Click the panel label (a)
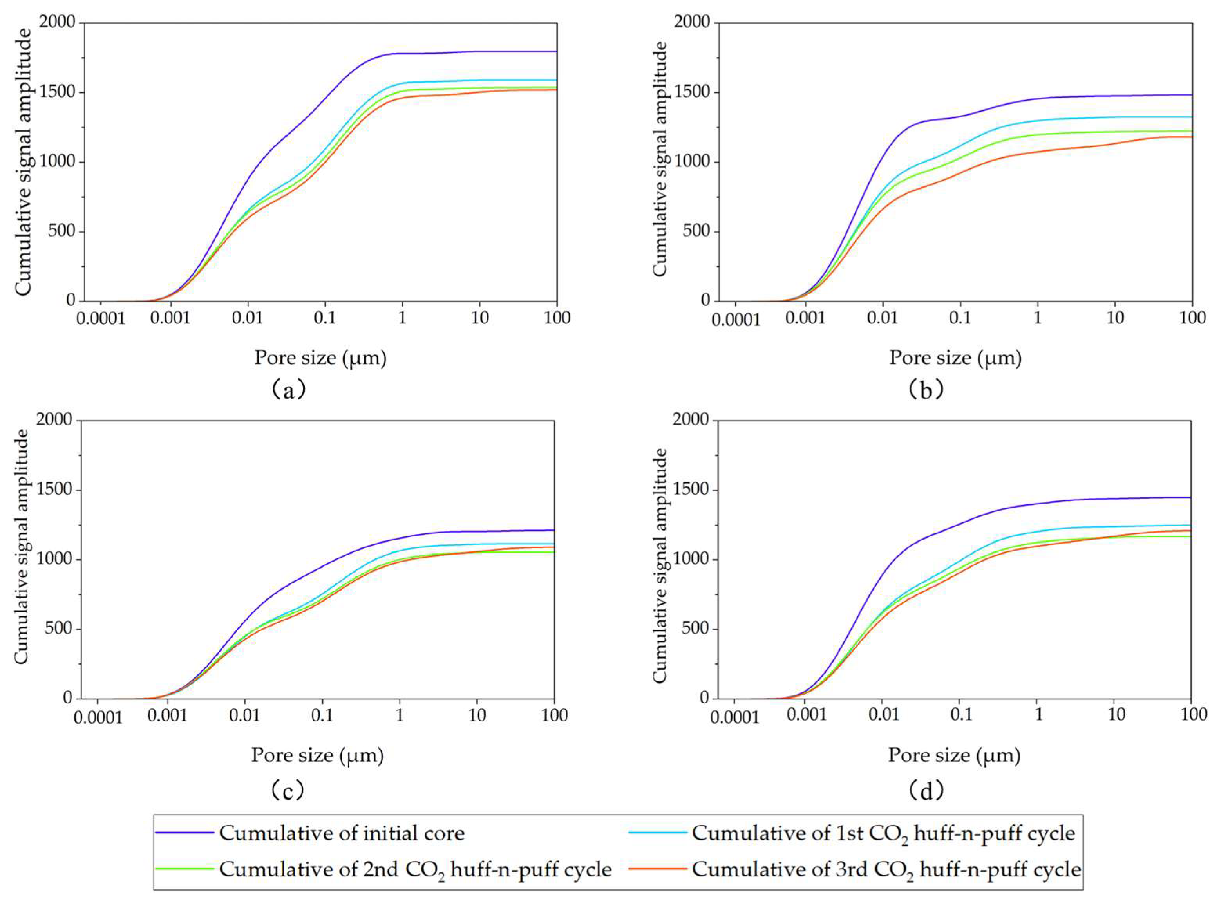tap(288, 390)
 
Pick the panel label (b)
tap(926, 390)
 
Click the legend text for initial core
tap(342, 833)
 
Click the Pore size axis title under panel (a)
tap(320, 358)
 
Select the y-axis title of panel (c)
tap(21, 547)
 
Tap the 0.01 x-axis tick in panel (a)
tap(248, 317)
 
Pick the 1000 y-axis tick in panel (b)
tap(693, 161)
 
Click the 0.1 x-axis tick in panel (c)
tap(322, 715)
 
